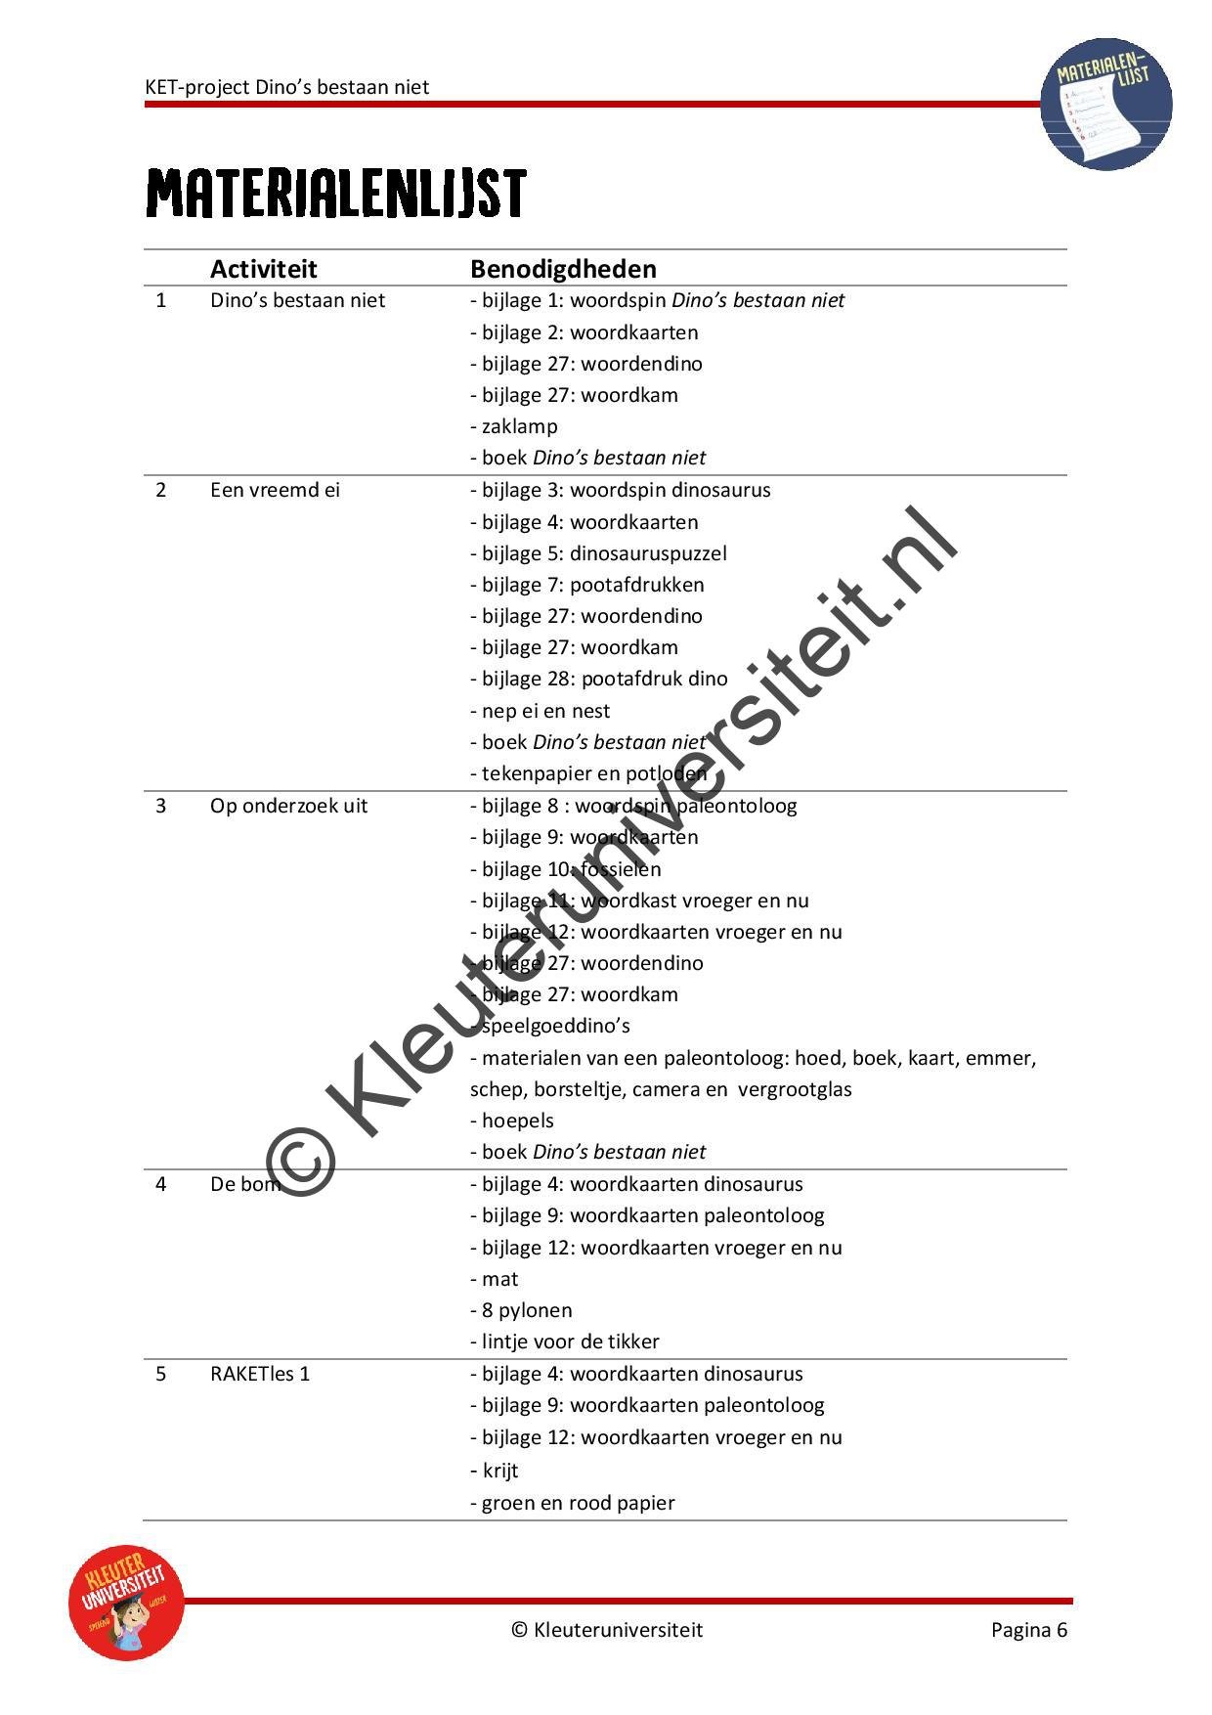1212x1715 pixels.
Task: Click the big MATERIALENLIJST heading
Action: coord(336,193)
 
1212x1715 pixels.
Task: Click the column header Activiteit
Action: coord(263,269)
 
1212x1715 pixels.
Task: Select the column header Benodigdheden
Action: coord(563,269)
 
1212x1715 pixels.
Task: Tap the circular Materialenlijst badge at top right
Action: coord(1105,104)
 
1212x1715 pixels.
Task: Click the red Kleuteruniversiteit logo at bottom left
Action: coord(126,1603)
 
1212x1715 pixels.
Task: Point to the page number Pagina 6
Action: coord(1028,1629)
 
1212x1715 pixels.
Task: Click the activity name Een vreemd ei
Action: coord(275,490)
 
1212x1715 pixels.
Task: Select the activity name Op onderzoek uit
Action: coord(288,806)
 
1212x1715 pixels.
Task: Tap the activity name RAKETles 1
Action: coord(259,1374)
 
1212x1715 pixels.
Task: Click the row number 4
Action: coord(161,1184)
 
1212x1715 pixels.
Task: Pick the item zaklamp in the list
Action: coord(519,426)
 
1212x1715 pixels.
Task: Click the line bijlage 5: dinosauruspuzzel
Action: coord(598,553)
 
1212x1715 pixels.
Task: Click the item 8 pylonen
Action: coord(526,1310)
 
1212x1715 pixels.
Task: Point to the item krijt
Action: coord(499,1471)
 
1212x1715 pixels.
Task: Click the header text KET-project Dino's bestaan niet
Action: coord(287,87)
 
